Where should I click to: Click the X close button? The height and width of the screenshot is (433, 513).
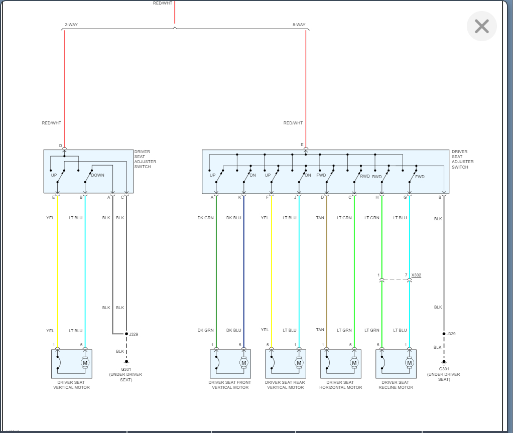pos(481,26)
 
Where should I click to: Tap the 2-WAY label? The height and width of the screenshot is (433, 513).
pos(71,25)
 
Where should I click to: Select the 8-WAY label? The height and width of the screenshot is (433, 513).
pos(299,25)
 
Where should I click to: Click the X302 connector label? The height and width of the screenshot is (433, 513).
pos(416,275)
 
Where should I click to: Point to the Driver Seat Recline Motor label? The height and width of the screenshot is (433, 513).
pos(396,385)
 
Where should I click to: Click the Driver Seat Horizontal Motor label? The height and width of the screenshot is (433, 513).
pos(340,385)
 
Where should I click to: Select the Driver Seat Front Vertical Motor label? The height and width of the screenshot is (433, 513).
pos(230,385)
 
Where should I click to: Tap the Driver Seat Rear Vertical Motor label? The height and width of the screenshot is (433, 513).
pos(285,385)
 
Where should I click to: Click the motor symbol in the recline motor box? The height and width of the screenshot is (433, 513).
pos(409,362)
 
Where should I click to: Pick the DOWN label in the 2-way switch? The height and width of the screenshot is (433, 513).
pos(97,175)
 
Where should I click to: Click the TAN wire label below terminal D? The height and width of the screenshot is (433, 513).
pos(320,218)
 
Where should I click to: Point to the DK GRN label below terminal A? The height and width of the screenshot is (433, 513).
pos(206,218)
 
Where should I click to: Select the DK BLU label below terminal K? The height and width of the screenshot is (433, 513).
pos(233,218)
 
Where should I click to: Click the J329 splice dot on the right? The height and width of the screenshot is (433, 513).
pos(444,333)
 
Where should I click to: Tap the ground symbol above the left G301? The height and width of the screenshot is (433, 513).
pos(126,362)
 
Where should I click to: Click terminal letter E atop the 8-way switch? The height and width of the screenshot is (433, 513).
pos(302,145)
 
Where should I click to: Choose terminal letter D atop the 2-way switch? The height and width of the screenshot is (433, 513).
pos(61,146)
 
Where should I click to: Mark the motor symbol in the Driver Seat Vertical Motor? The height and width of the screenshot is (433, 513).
pos(85,362)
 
